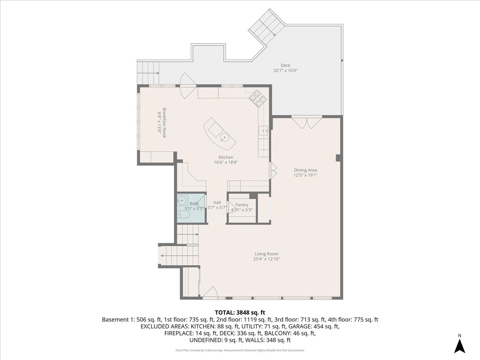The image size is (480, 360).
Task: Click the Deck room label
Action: point(285,65)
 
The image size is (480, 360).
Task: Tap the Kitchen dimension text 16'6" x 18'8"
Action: point(226,162)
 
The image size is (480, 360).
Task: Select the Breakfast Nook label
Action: point(164,122)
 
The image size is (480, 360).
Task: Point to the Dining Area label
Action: point(305,170)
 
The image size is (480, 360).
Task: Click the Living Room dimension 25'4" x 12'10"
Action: point(266,259)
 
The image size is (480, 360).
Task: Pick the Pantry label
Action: point(242,204)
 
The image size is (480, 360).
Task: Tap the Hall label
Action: point(217,202)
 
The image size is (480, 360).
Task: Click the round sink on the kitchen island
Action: point(224,138)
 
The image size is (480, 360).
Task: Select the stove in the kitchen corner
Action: point(258,98)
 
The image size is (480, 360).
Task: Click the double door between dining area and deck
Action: point(307,123)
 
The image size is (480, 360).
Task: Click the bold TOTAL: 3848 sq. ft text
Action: point(240,312)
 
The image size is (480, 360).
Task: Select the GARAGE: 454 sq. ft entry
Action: point(314,326)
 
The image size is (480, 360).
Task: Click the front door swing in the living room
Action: point(210,292)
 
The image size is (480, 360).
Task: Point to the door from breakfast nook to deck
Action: point(188,86)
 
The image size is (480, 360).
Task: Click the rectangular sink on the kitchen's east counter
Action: point(264,131)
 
